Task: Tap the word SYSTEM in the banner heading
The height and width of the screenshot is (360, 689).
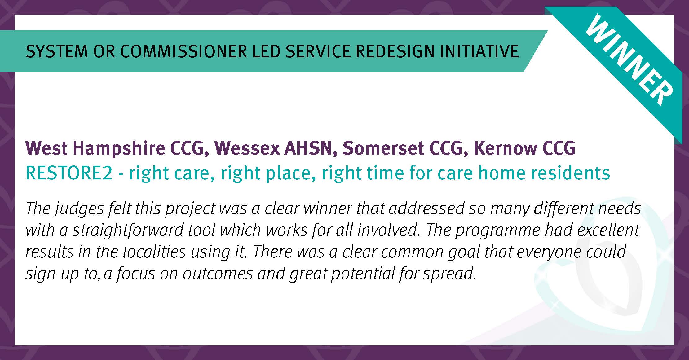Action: pos(57,51)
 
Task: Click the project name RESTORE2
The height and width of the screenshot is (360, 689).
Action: pos(69,173)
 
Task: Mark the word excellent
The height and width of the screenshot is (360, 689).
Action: pos(607,230)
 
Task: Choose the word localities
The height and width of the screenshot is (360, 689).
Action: pos(154,252)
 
